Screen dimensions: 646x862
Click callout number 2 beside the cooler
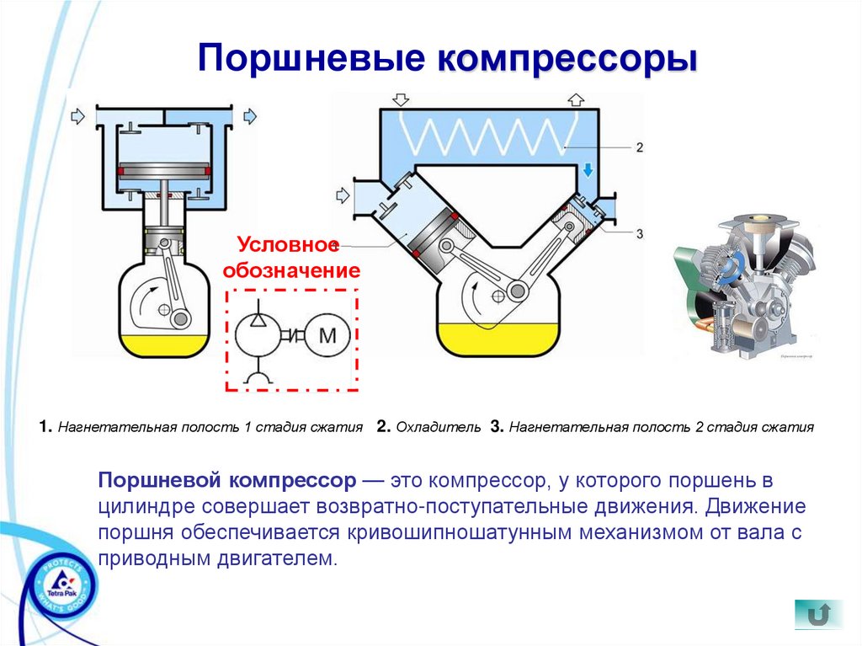point(639,147)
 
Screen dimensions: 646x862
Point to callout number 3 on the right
point(639,232)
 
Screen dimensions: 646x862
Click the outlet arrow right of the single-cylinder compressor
point(250,115)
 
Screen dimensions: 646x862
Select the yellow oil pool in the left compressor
point(164,343)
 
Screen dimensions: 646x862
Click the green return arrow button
point(817,613)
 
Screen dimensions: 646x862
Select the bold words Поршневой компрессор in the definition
point(227,481)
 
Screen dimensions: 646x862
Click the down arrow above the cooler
point(402,99)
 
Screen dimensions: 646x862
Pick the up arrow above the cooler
point(576,99)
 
